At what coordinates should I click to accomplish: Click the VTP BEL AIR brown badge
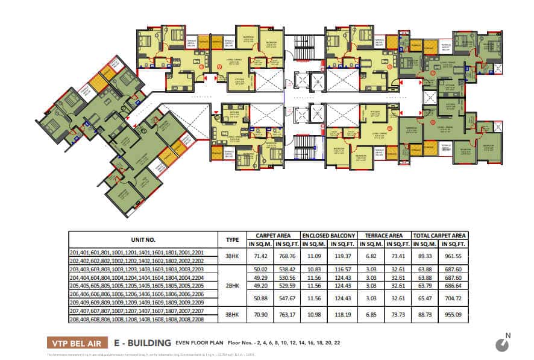[77, 343]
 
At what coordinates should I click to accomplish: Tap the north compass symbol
[501, 344]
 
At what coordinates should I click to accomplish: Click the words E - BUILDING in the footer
[142, 343]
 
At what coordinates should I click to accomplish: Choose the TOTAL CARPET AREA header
[439, 235]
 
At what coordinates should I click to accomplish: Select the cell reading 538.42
[286, 268]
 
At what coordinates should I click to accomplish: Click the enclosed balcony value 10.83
[313, 268]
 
